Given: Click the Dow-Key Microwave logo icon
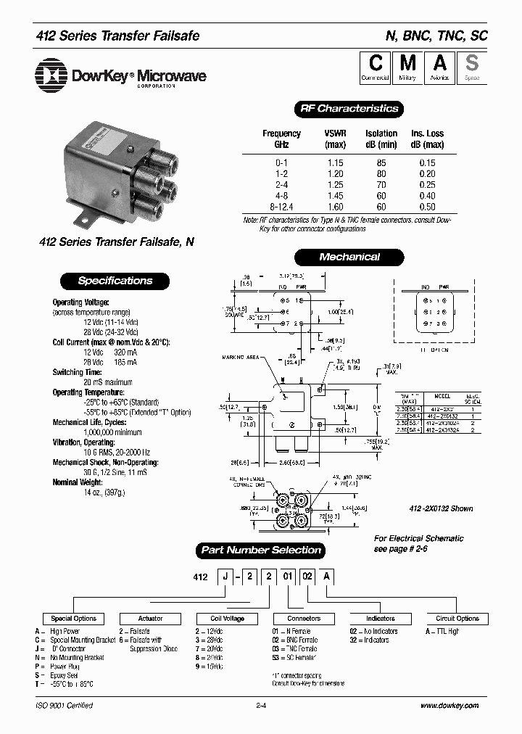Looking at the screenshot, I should click(x=49, y=75).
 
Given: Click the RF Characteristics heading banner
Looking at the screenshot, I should click(x=349, y=109).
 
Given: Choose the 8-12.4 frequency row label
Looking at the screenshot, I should click(x=281, y=207).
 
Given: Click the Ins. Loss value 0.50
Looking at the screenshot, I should click(x=427, y=207).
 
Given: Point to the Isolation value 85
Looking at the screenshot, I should click(x=381, y=163).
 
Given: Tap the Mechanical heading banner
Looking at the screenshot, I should click(x=349, y=257).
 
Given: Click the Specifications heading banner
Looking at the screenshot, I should click(x=115, y=281).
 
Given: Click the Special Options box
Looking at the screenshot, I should click(x=74, y=619).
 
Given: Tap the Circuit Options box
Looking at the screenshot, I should click(x=457, y=619).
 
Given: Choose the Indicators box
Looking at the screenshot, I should click(x=380, y=619).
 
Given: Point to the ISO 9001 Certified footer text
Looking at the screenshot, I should click(x=64, y=706).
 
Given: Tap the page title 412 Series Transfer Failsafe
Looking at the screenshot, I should click(x=117, y=36).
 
